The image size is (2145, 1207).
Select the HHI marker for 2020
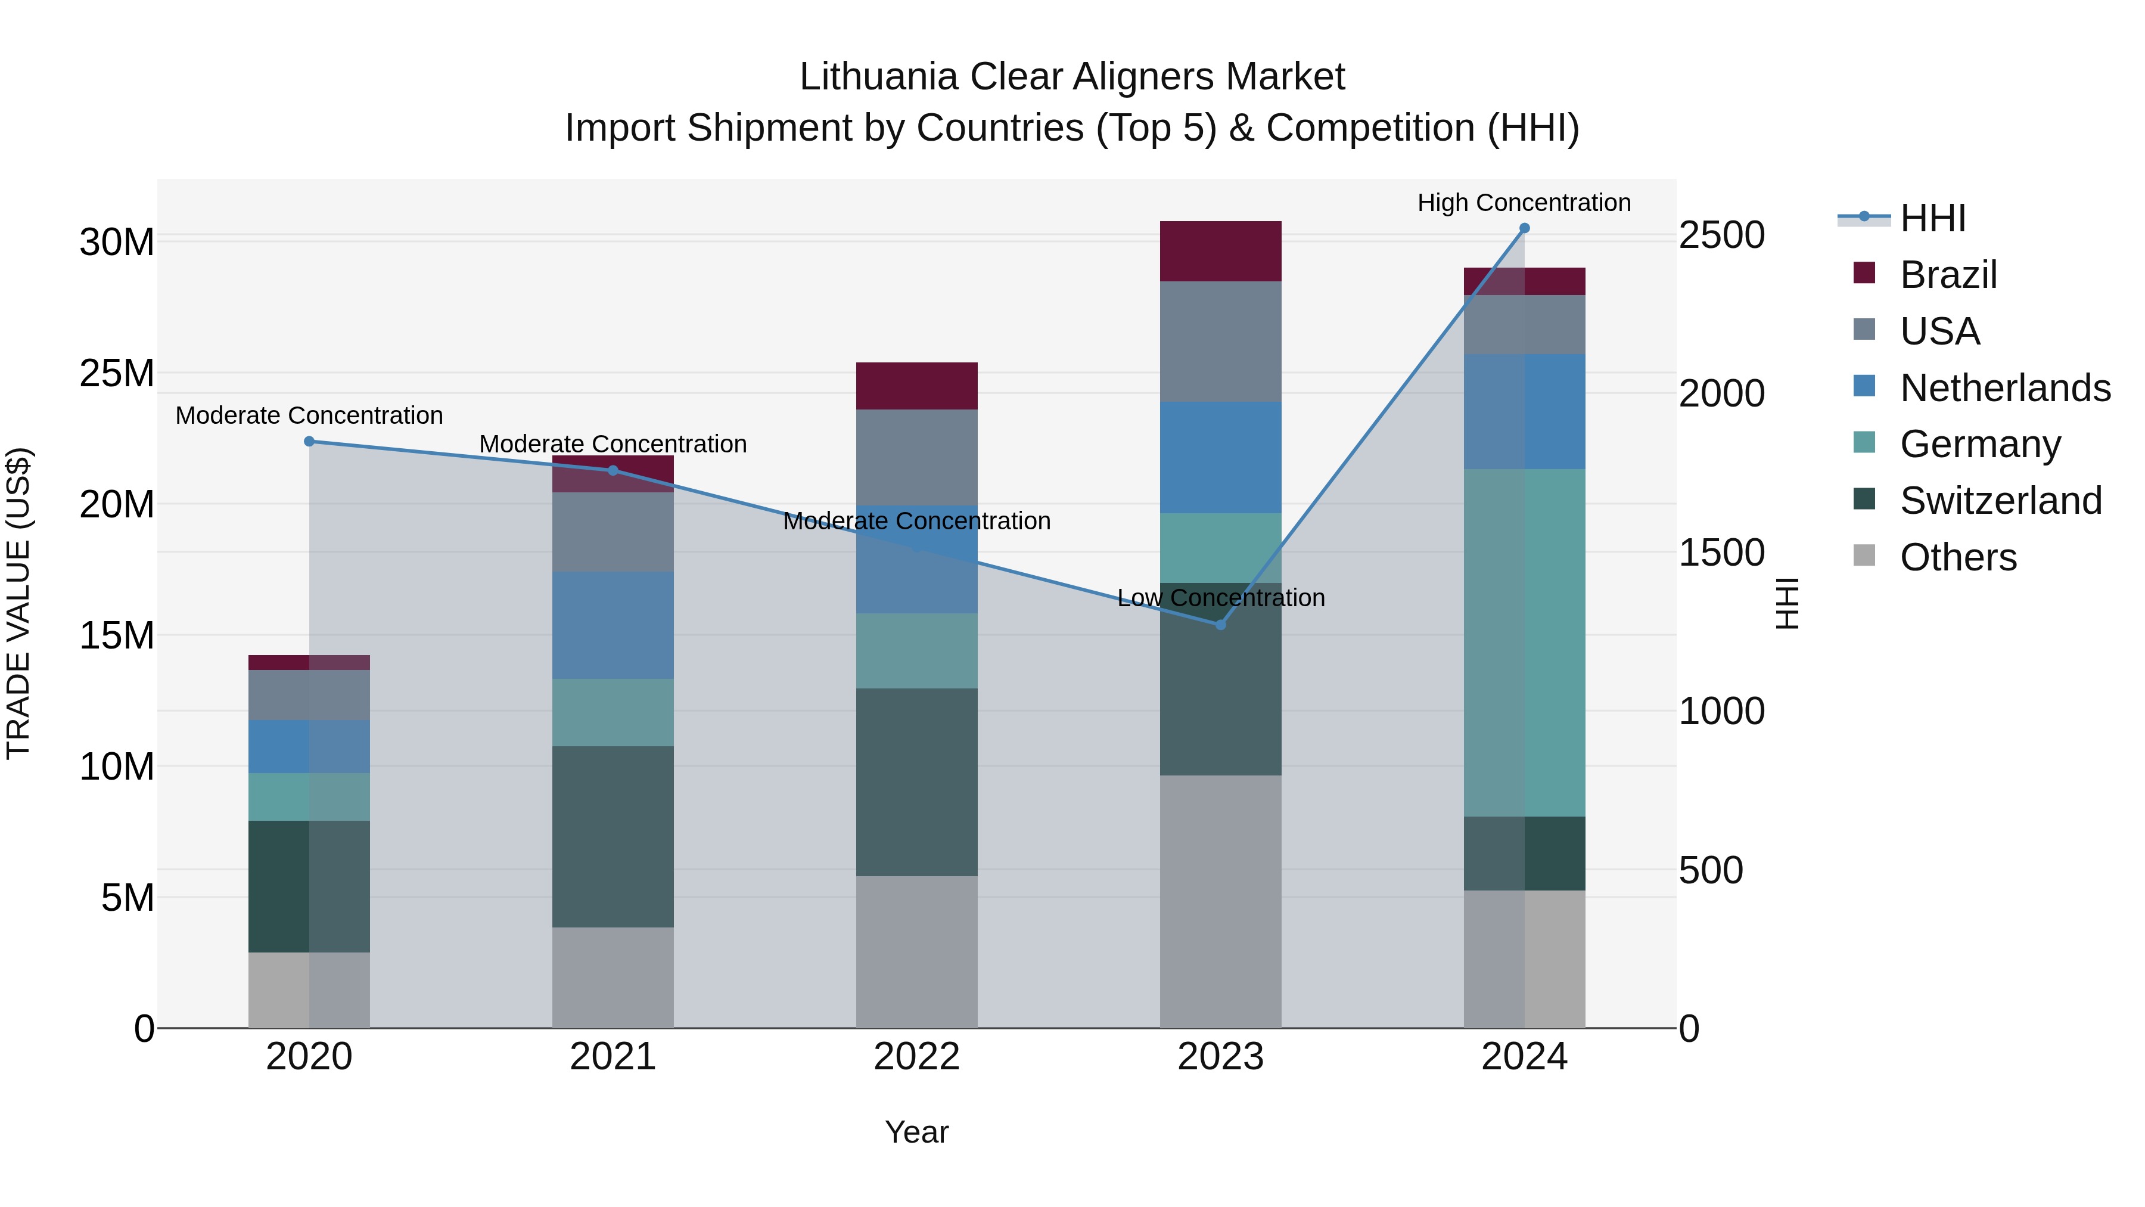tap(309, 442)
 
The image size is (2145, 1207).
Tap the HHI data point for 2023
tap(1221, 625)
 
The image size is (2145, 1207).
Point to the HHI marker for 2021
tap(613, 471)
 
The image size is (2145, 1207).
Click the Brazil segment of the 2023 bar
tap(1221, 252)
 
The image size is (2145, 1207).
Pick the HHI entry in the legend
tap(1932, 218)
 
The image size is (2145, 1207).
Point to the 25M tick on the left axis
tap(117, 373)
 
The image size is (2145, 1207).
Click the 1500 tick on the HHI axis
tap(1720, 553)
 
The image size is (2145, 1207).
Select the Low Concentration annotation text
tap(1221, 598)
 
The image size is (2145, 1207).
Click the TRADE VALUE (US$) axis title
tap(18, 603)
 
